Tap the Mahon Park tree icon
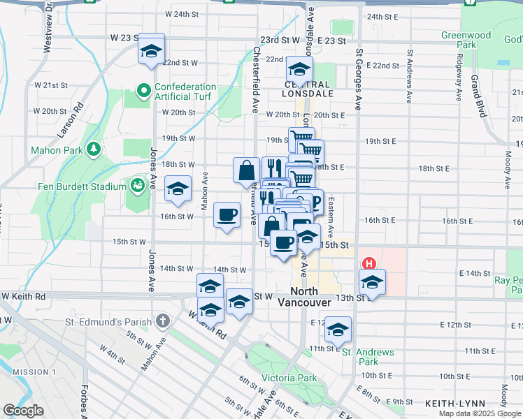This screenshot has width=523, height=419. (92, 149)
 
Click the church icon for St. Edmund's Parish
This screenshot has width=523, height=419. (162, 322)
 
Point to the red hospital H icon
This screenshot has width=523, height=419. (368, 264)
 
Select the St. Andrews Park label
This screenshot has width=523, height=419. (368, 357)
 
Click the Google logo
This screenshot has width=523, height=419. (23, 411)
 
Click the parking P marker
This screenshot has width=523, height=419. (314, 203)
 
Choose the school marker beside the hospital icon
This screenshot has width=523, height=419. (373, 283)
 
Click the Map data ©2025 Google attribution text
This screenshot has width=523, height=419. (480, 413)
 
